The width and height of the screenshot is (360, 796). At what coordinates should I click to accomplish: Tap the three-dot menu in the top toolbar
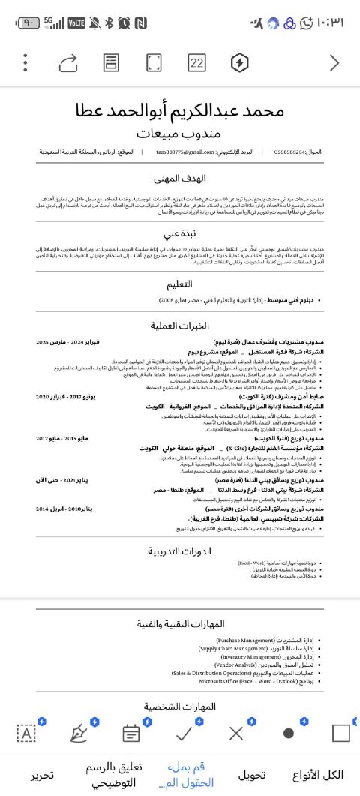[25, 62]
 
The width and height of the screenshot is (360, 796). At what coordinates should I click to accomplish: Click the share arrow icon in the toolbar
[67, 62]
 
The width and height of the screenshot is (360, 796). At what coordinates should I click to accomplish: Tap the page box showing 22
[196, 62]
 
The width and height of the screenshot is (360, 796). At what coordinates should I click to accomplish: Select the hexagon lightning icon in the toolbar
[239, 62]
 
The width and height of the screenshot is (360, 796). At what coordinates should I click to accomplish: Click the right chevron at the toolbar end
[334, 62]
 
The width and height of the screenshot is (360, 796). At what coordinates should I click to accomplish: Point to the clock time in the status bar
[331, 23]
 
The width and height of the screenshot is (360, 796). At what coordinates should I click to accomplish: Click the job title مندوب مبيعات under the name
[179, 133]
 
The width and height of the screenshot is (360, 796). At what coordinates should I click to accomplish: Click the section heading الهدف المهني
[179, 179]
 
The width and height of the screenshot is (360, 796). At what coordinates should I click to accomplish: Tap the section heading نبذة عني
[179, 233]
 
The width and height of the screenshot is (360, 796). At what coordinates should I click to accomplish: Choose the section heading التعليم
[179, 284]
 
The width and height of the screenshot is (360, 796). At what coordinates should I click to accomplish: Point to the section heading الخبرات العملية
[179, 326]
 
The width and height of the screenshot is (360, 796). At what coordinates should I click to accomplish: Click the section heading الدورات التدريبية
[179, 551]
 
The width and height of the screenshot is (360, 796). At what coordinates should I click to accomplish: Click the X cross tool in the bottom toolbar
[235, 733]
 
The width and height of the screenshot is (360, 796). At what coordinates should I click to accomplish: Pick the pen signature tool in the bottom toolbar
[78, 733]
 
